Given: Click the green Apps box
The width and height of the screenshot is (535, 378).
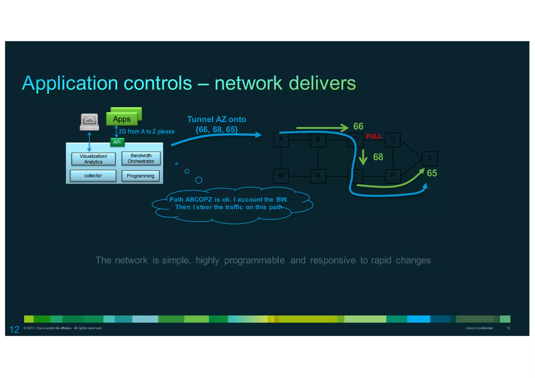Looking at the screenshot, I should (122, 119).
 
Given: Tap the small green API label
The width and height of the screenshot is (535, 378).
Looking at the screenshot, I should (117, 142).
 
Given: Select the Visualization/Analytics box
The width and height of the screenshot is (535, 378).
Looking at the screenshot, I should (93, 159).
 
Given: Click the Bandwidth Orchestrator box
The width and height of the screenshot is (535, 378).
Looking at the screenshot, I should (141, 158).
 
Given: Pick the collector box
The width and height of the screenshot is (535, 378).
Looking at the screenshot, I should (93, 176).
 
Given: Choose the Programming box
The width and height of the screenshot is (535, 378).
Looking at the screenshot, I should (140, 176).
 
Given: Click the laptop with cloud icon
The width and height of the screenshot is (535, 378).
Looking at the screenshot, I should (90, 122).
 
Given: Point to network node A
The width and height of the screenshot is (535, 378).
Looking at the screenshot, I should (281, 139).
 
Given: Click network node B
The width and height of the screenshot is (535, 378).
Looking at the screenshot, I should (318, 139).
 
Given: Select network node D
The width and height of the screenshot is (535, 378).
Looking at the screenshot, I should (393, 139).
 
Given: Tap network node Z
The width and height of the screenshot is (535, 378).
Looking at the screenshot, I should (430, 158).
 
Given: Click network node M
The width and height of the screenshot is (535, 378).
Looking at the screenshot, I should (281, 176).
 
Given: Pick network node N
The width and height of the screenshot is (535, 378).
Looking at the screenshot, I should (318, 176).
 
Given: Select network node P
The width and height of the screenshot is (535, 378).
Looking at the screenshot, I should (393, 176).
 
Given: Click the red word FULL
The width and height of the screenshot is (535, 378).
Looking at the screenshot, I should (374, 136).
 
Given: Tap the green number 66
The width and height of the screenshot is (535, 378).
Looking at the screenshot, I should (358, 126).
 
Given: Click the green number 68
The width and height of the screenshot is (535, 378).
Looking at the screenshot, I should (378, 157).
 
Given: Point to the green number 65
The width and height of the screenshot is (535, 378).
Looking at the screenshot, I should (432, 173).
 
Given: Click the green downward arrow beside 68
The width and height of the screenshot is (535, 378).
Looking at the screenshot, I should (363, 157).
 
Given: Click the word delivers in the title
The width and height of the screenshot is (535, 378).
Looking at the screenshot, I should (322, 83).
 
